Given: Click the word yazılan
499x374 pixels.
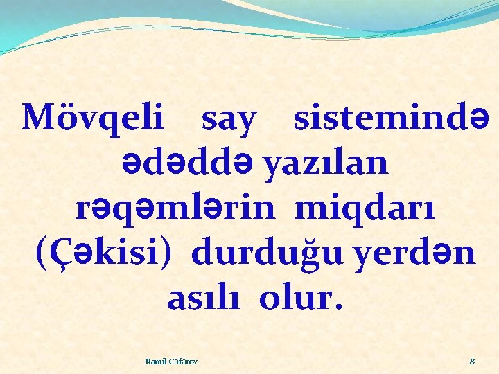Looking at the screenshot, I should pos(327,164).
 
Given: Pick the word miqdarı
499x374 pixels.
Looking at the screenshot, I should pos(365,210).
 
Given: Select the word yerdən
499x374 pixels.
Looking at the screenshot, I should pos(425,254).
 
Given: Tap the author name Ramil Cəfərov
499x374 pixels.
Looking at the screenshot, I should pos(170,361).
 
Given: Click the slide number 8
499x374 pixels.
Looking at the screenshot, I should pos(472,361).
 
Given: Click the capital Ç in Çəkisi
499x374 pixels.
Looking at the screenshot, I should pos(60,254).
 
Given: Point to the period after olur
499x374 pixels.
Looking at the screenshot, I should pos(338,308).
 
